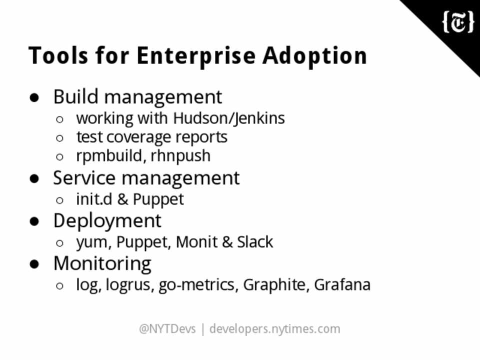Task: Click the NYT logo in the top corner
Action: (458, 22)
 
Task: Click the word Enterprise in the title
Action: (196, 55)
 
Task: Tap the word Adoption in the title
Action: (314, 55)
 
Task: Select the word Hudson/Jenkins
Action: (229, 119)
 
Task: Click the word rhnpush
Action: (180, 156)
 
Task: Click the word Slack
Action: (255, 242)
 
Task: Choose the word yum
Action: (92, 243)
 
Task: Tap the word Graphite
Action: (274, 285)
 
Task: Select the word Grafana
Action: (342, 285)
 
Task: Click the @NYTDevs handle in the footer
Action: (167, 329)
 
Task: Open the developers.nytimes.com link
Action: (275, 329)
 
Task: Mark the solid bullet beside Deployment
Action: (34, 221)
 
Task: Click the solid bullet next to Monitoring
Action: (34, 264)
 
